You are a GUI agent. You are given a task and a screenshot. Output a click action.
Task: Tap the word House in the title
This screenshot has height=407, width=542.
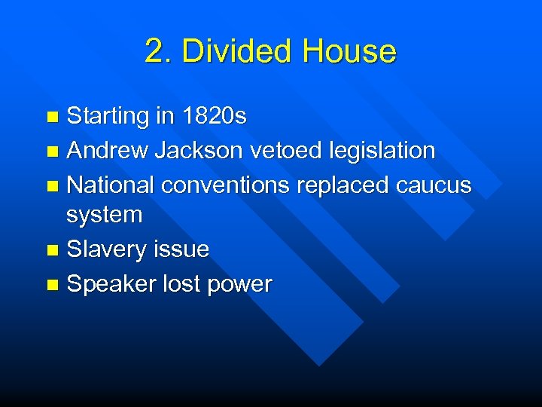[x=349, y=52]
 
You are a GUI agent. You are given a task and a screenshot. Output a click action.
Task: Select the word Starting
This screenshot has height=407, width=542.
[x=108, y=117]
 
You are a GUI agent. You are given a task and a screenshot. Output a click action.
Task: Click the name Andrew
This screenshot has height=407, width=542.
[x=108, y=151]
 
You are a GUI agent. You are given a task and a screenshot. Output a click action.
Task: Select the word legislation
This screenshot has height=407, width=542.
[x=382, y=151]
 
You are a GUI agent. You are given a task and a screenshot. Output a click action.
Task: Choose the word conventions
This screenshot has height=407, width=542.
[x=227, y=185]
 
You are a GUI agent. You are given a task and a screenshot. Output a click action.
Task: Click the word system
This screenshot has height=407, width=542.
[x=104, y=216]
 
